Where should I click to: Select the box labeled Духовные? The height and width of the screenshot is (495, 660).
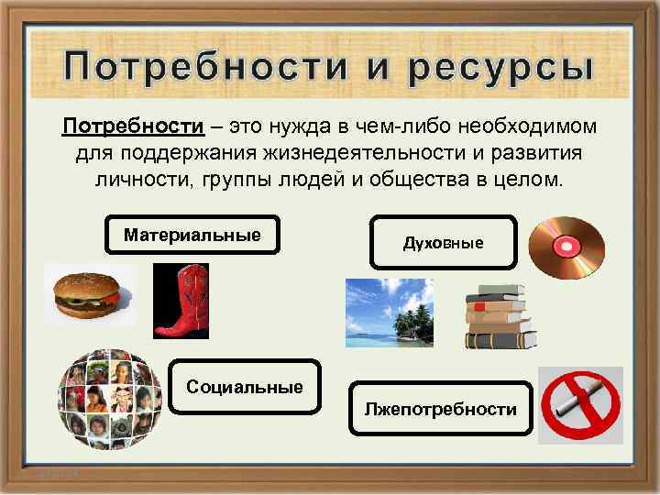point(444,243)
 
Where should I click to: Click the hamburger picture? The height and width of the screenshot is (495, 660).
point(88,293)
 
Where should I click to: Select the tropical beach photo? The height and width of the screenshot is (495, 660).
point(389,313)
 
